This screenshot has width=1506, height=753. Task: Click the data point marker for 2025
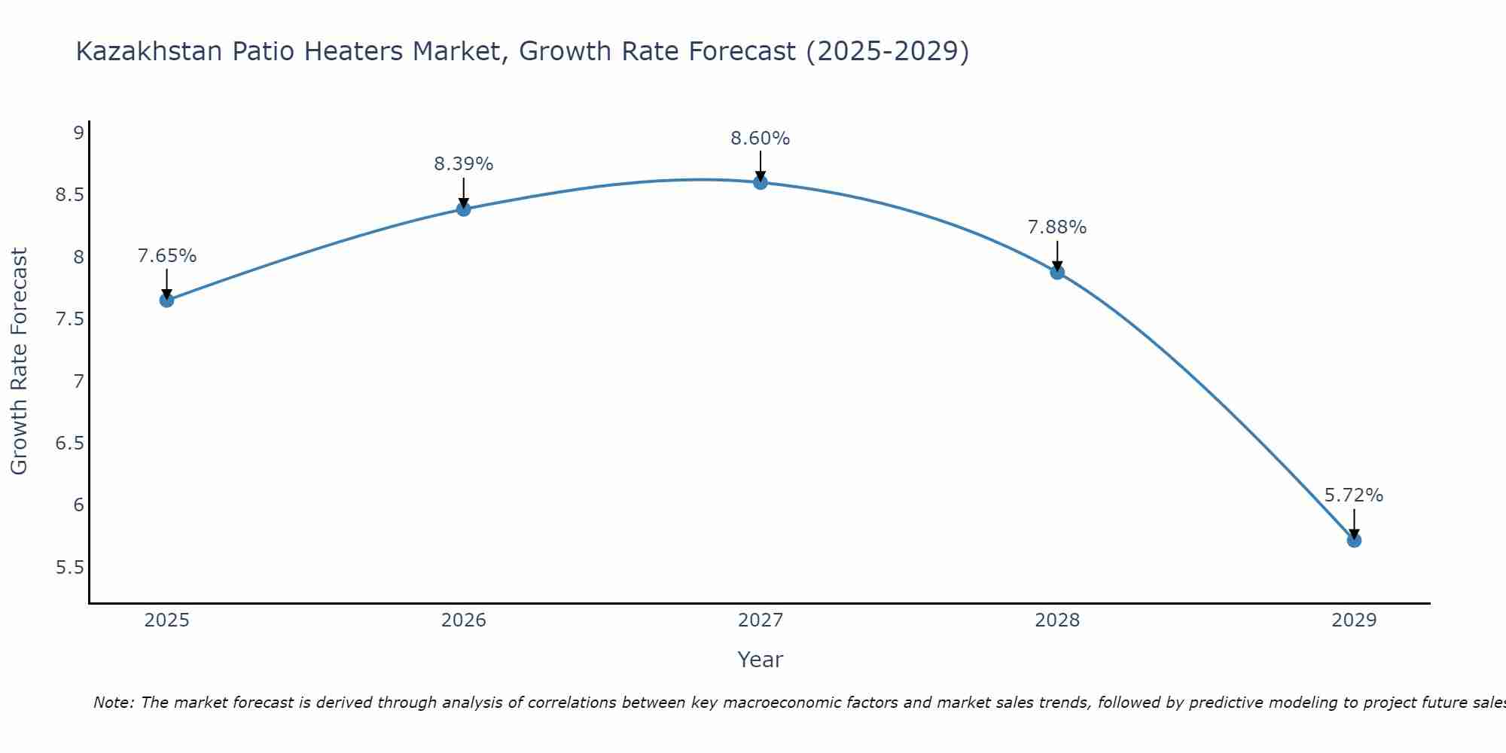click(166, 300)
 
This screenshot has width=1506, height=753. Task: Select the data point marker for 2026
click(464, 209)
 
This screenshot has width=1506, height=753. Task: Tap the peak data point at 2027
click(761, 182)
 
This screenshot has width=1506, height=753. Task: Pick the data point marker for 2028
click(1057, 273)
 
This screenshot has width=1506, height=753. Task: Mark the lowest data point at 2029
click(1354, 540)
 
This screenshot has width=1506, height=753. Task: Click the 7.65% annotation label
click(167, 256)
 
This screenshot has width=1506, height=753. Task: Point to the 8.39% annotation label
click(464, 164)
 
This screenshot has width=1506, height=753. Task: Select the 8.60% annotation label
click(761, 139)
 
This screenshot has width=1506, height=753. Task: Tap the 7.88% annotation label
click(1057, 227)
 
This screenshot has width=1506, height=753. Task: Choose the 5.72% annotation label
click(1354, 495)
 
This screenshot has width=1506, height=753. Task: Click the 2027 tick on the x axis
click(761, 620)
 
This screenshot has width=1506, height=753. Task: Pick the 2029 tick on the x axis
click(1354, 620)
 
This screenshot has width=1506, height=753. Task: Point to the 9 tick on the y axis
click(78, 133)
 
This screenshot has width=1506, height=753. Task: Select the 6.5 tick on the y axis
click(69, 443)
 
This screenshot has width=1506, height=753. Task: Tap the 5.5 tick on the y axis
click(69, 567)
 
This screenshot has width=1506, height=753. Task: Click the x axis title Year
click(761, 660)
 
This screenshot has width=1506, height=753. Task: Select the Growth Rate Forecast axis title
click(19, 361)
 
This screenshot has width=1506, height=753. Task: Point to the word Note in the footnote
click(113, 703)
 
